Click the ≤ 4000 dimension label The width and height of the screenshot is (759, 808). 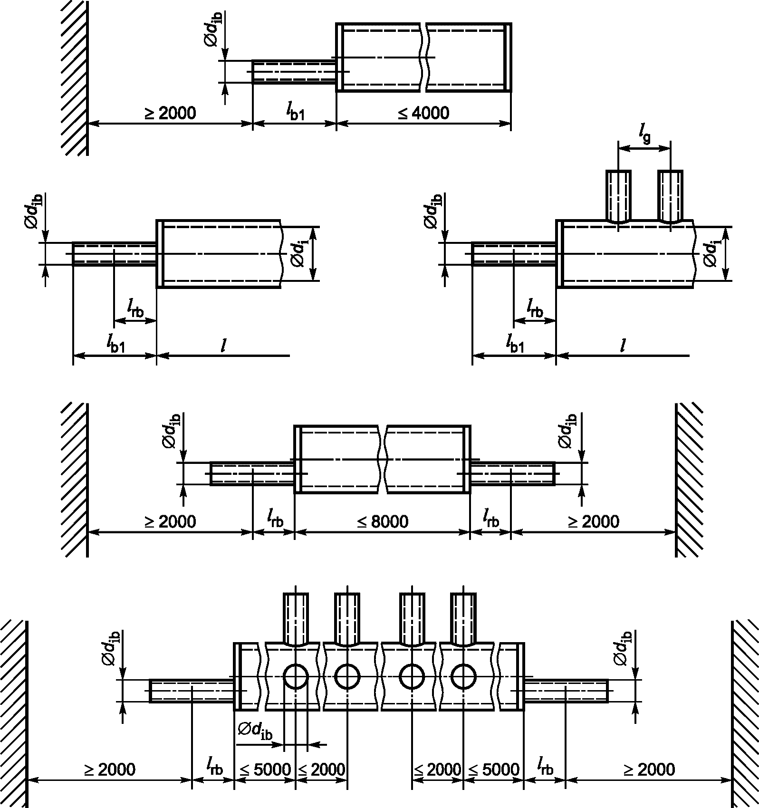pos(423,113)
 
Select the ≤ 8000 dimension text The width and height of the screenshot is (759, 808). pos(383,521)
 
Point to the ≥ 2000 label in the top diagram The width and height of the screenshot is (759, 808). pos(170,113)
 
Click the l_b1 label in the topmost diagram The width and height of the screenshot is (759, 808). pos(295,112)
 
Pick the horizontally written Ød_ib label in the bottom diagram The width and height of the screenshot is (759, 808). pos(255,730)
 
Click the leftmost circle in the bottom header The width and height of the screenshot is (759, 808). pos(296,676)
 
